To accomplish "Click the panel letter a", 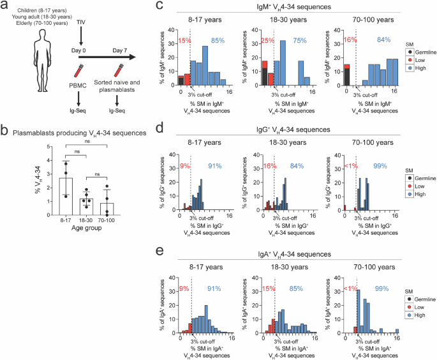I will pos(4,6).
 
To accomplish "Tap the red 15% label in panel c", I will pos(184,41).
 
